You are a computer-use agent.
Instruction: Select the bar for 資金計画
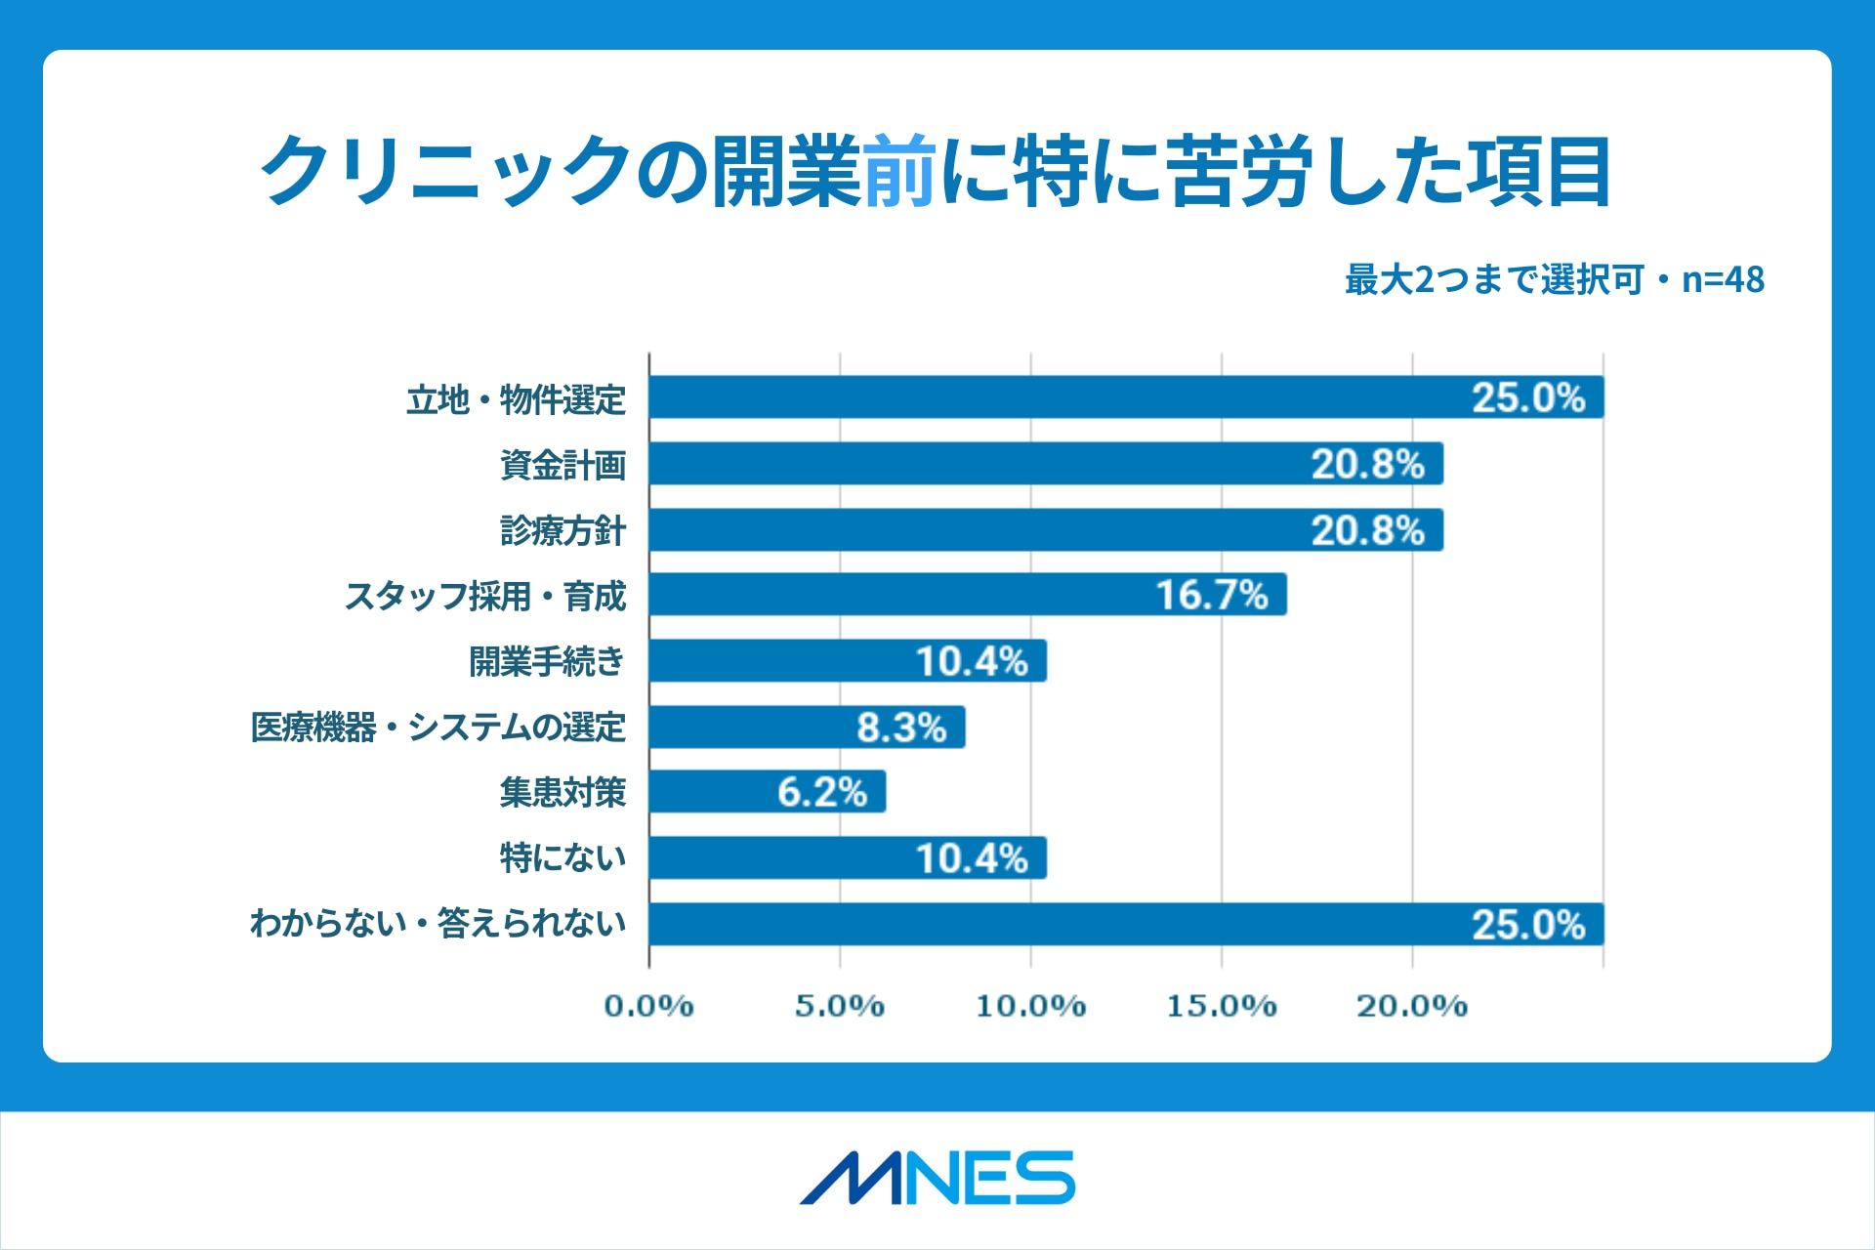tap(1045, 463)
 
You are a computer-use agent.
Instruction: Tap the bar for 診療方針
tap(1045, 529)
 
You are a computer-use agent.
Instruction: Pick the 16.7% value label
tap(1212, 595)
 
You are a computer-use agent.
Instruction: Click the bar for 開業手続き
tap(848, 661)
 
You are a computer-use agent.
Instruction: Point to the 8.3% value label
tap(901, 728)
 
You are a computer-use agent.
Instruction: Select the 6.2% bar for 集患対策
tap(768, 792)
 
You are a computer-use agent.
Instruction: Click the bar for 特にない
tap(848, 858)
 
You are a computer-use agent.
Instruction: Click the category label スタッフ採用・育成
tap(485, 596)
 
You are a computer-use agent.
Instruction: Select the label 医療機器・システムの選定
tap(437, 728)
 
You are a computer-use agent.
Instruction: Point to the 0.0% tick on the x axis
tap(648, 1006)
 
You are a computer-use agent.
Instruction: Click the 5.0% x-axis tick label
tap(839, 1006)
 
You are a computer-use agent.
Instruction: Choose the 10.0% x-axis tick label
tap(1030, 1006)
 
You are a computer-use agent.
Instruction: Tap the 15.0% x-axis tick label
tap(1221, 1006)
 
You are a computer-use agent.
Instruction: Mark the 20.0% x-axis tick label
tap(1412, 1006)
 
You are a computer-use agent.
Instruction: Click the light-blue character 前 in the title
tap(900, 172)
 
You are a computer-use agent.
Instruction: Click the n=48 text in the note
tap(1723, 280)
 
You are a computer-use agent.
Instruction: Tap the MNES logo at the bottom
tap(937, 1178)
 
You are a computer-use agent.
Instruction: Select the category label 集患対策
tap(562, 792)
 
